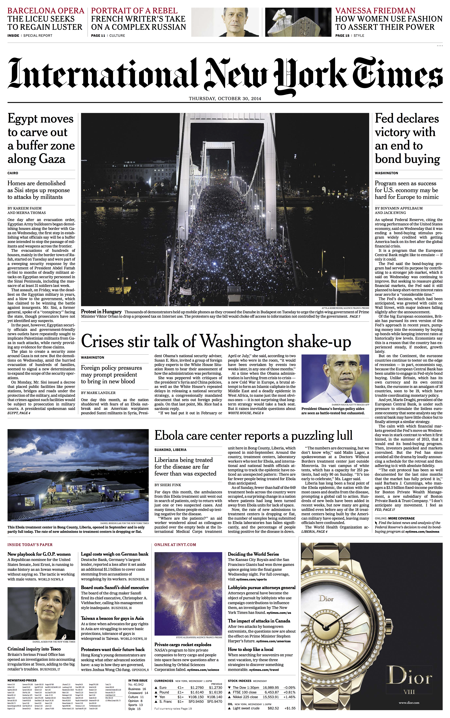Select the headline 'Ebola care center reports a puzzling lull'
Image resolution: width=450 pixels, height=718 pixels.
coord(253,436)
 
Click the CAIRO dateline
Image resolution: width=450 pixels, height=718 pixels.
coord(13,173)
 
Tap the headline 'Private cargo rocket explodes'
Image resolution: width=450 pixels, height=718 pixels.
coord(183,645)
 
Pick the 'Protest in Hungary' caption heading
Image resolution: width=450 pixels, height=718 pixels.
coord(101,312)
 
